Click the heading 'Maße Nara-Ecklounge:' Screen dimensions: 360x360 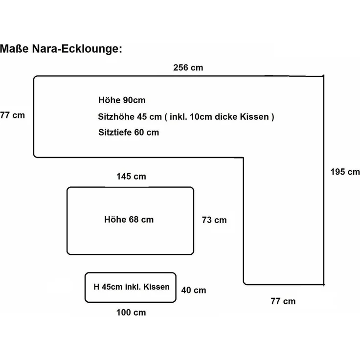point(61,49)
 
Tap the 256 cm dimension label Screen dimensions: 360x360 point(188,67)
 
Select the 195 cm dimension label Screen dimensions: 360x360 point(345,172)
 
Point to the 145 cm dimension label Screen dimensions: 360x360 point(131,176)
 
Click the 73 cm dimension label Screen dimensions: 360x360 point(214,220)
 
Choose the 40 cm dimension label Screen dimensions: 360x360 point(194,290)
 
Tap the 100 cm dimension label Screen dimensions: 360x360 point(131,313)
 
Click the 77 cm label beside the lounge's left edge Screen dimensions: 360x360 point(12,115)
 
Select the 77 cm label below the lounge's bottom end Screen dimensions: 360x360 point(283,301)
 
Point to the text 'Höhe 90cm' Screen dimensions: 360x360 point(122,100)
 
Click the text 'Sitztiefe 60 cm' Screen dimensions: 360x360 point(129,133)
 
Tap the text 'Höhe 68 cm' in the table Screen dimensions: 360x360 point(129,220)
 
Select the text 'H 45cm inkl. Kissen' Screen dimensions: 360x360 point(132,287)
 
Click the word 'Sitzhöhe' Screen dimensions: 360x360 point(116,116)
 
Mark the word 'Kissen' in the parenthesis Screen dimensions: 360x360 point(254,116)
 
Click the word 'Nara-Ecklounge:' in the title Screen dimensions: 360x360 point(77,49)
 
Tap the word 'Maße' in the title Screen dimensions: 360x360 point(14,49)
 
